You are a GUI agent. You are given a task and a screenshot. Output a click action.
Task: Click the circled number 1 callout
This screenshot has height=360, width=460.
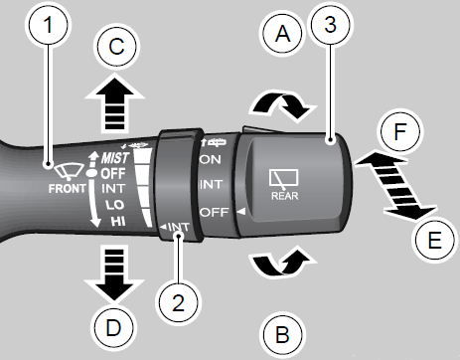coord(48,25)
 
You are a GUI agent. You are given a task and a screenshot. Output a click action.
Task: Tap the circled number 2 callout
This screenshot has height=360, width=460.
coord(179,302)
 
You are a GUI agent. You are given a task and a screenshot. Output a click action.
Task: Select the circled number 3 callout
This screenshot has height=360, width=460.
coord(330,25)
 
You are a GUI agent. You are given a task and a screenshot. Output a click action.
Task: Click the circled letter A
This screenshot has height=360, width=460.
coord(282,34)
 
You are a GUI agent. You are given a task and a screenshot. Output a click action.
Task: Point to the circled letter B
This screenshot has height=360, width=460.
coord(282,334)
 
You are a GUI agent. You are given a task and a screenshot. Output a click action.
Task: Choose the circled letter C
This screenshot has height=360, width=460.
coord(116,47)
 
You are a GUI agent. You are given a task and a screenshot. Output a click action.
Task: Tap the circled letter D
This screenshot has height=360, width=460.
coord(113,328)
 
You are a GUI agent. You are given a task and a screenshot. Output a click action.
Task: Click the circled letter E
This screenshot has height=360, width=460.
coord(434,240)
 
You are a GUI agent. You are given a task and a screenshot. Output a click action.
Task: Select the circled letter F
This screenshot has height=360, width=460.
coord(400,131)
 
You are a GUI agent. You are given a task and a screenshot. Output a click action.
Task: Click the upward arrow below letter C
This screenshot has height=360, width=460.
coord(114,103)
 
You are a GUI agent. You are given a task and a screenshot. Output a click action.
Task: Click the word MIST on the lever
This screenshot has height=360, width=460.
coord(114,158)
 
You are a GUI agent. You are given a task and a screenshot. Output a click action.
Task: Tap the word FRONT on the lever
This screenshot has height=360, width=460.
coord(68,189)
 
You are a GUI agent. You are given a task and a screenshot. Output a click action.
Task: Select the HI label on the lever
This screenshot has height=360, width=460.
coord(118,221)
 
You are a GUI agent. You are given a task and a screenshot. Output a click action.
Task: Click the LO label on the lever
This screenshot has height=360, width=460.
coord(114,205)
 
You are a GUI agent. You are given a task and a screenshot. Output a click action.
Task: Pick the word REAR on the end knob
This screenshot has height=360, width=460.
coord(285,196)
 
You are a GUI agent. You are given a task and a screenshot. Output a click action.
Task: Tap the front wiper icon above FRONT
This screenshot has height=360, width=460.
coord(70,172)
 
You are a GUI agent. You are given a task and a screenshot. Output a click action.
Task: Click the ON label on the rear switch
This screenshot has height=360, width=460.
coord(211,160)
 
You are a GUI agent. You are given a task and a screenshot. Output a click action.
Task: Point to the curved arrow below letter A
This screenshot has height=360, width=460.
coord(283,106)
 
